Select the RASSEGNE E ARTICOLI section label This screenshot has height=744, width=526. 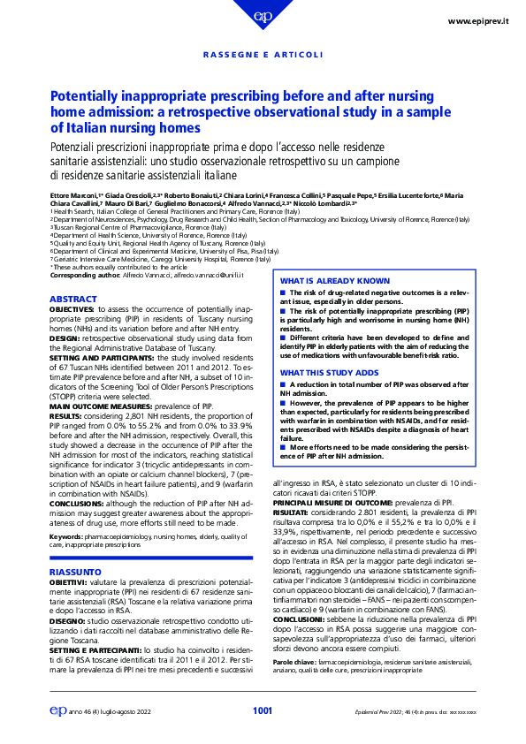coord(263,56)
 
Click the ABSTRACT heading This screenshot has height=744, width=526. coord(73,300)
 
